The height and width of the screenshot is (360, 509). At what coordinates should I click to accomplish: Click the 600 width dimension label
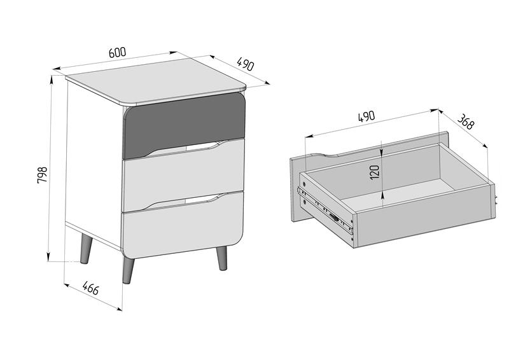click(117, 53)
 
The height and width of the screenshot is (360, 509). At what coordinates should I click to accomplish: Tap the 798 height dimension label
click(43, 175)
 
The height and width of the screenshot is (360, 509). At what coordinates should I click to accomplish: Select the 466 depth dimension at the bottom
click(90, 288)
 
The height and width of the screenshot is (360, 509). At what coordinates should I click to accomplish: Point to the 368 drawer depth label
click(466, 122)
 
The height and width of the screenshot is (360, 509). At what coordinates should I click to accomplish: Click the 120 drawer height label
click(374, 172)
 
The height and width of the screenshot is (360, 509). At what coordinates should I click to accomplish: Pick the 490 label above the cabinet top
click(245, 64)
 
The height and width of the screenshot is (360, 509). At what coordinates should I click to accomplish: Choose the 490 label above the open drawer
click(366, 116)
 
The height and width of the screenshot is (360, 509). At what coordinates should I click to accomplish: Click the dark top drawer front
click(184, 125)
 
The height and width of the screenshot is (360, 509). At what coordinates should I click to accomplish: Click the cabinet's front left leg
click(128, 270)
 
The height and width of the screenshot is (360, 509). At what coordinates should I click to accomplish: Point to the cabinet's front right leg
click(222, 258)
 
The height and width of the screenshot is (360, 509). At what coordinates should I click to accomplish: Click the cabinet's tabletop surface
click(156, 81)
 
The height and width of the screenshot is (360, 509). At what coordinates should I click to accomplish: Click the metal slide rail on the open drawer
click(325, 211)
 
